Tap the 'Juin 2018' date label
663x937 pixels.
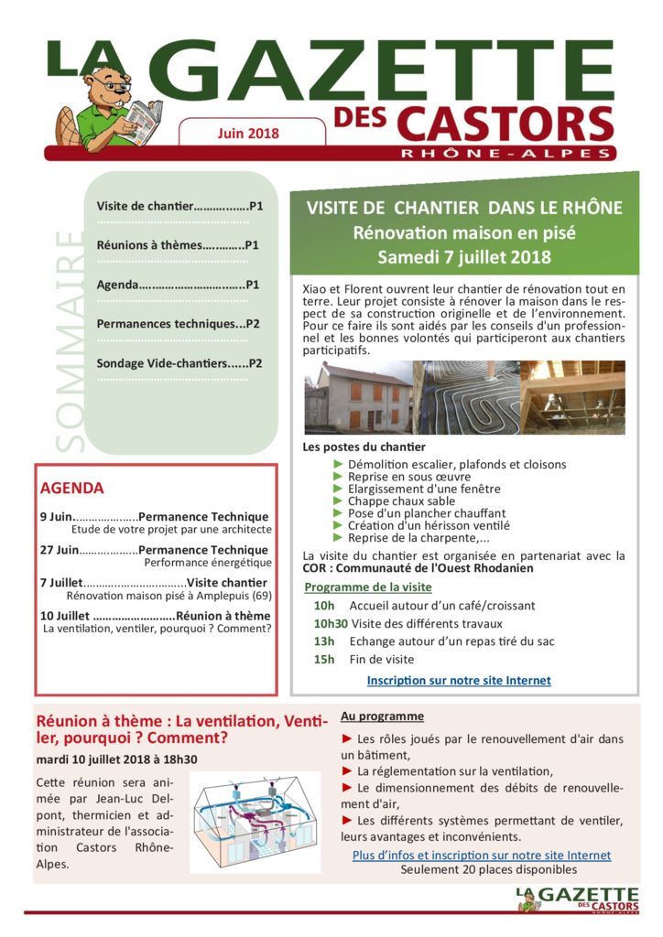248,134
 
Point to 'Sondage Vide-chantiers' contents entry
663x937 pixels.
179,363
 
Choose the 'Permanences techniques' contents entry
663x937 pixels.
178,324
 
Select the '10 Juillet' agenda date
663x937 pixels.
64,616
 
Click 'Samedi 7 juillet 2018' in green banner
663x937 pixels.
464,257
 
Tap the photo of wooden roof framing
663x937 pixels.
572,397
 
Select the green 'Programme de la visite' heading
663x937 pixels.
368,587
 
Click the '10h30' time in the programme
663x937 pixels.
330,623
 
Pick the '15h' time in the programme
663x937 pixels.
324,659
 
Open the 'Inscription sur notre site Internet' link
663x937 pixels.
459,681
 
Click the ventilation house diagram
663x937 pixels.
255,822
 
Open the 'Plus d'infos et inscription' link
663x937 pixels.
482,856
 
